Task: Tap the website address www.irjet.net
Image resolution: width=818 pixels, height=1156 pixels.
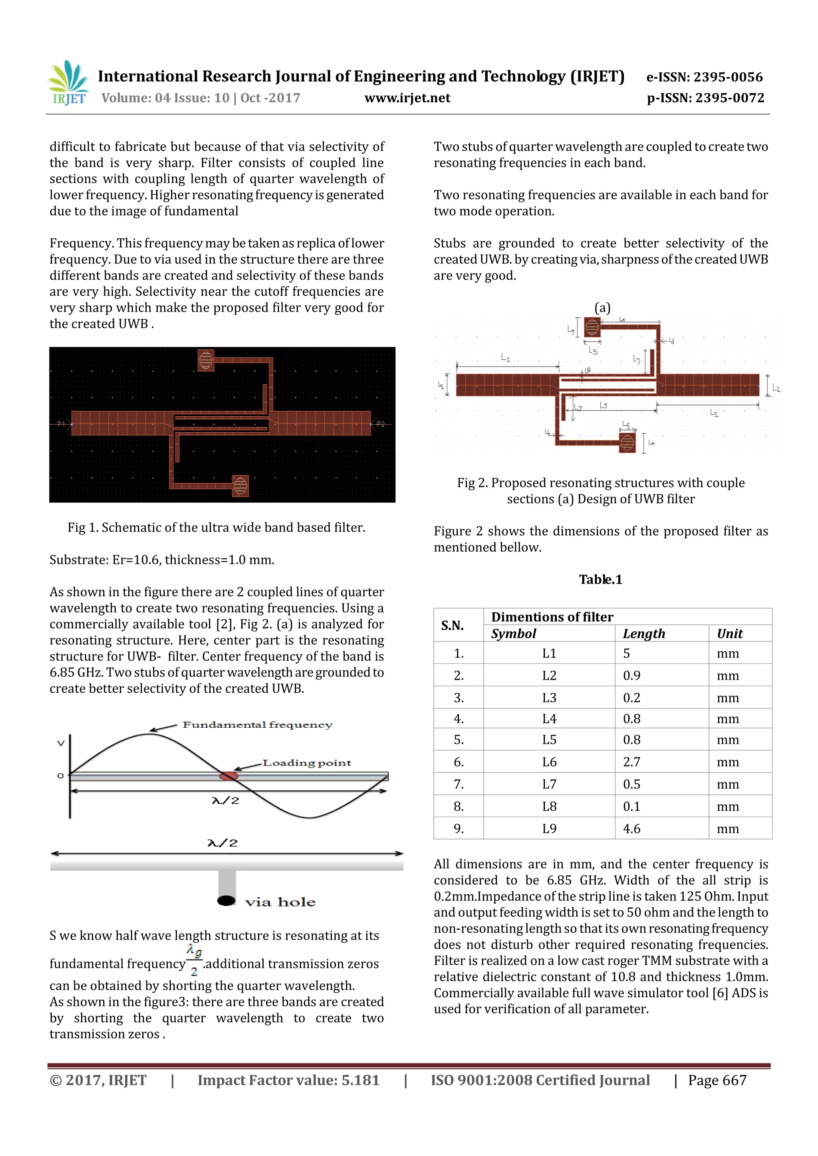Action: click(407, 98)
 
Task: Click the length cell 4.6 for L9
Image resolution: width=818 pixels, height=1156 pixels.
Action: click(631, 829)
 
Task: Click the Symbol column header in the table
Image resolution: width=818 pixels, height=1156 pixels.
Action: click(514, 634)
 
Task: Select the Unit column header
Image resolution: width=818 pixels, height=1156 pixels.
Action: click(730, 634)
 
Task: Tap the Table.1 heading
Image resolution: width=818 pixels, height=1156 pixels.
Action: click(600, 580)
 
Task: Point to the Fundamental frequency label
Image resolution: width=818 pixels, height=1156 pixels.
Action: click(257, 725)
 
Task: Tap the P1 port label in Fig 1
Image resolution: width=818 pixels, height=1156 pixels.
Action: click(61, 424)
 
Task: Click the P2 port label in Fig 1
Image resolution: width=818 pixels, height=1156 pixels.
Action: click(380, 424)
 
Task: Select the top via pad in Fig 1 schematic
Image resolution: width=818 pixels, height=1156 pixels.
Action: click(206, 360)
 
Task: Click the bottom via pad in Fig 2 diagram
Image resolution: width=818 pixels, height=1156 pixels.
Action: click(627, 443)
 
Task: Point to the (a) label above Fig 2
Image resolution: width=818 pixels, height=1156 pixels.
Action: click(602, 308)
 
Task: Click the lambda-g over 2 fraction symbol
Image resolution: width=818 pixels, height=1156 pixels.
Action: click(194, 960)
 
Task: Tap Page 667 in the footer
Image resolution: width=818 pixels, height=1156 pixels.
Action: click(717, 1080)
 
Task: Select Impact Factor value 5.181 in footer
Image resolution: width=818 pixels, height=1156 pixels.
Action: click(288, 1080)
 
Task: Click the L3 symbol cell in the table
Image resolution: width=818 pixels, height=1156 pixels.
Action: click(549, 698)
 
